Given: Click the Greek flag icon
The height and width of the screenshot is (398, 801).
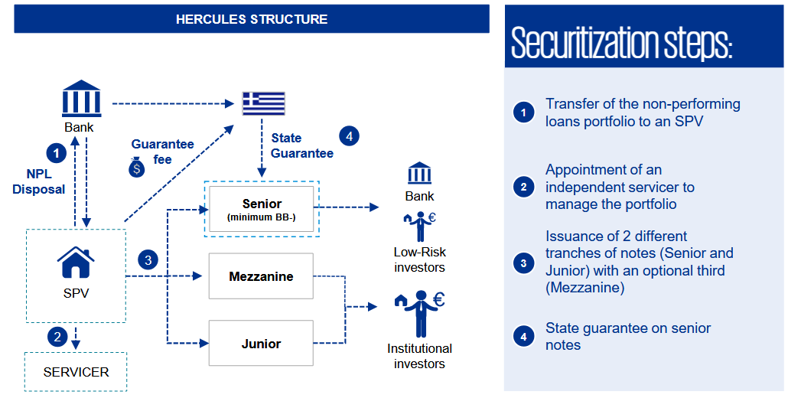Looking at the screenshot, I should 263,103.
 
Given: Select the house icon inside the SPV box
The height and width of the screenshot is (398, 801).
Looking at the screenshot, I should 76,263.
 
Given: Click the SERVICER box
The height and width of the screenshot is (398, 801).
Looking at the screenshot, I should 76,372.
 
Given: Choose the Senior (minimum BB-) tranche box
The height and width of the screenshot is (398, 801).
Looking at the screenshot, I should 262,209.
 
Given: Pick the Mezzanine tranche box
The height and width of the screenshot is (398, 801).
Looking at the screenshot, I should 261,276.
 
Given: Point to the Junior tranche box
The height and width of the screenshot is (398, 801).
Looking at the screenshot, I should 261,344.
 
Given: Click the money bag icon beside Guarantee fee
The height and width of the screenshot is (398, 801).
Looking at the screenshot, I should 136,167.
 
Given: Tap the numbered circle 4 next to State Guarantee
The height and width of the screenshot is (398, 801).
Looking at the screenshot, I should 348,136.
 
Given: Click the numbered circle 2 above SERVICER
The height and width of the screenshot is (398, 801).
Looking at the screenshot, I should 55,335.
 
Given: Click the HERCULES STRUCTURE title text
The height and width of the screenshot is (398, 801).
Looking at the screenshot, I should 252,19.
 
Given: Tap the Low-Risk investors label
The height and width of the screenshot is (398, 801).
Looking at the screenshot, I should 419,259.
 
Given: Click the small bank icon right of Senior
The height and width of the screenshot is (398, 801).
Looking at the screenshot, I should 419,173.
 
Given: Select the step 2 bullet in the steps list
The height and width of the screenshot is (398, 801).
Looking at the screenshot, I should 523,187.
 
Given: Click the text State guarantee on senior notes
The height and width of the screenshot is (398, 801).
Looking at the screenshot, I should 627,337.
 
